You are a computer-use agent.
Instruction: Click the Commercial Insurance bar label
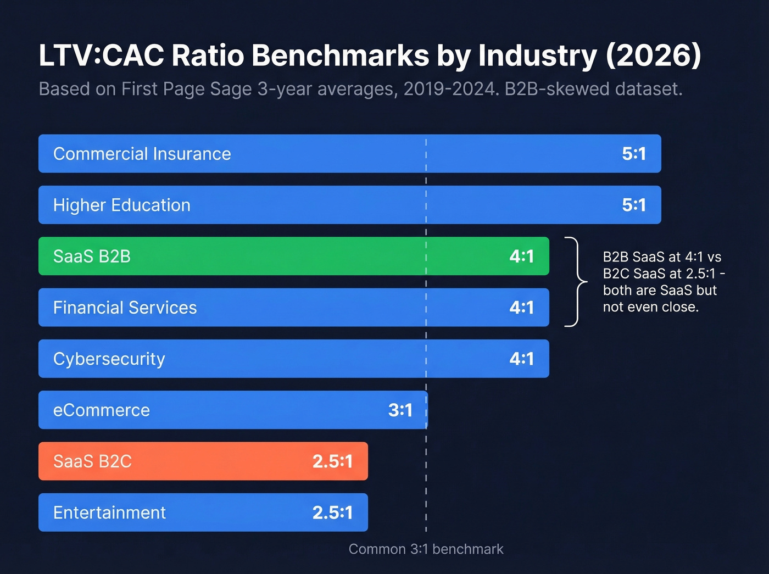pyautogui.click(x=142, y=154)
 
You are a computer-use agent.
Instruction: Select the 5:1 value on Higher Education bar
pyautogui.click(x=633, y=205)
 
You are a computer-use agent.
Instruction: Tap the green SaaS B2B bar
pyautogui.click(x=294, y=257)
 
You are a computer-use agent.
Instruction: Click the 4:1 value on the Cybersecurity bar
pyautogui.click(x=521, y=359)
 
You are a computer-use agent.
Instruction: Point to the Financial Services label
pyautogui.click(x=125, y=308)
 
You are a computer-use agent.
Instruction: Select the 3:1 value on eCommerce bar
pyautogui.click(x=400, y=410)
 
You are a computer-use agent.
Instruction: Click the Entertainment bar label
pyautogui.click(x=109, y=513)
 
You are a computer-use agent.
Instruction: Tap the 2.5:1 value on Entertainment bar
pyautogui.click(x=332, y=513)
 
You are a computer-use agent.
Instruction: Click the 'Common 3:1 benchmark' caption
pyautogui.click(x=426, y=549)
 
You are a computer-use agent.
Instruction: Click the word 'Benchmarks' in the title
pyautogui.click(x=340, y=55)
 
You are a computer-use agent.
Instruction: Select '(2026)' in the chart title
pyautogui.click(x=653, y=55)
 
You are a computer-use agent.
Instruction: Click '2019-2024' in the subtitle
pyautogui.click(x=450, y=89)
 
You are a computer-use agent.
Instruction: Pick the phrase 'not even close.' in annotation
pyautogui.click(x=650, y=307)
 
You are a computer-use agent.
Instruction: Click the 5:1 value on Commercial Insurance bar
pyautogui.click(x=633, y=154)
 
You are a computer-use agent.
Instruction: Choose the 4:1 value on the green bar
pyautogui.click(x=521, y=257)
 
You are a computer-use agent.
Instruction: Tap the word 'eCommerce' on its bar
pyautogui.click(x=101, y=410)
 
